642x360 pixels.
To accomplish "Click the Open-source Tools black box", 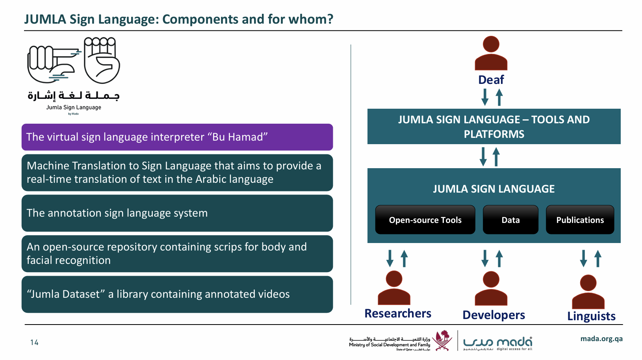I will pos(425,220).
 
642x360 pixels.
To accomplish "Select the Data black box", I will pos(510,220).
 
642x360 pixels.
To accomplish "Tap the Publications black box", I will pos(580,220).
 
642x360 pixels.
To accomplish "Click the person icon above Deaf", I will pos(491,53).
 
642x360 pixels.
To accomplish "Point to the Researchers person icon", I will pos(394,288).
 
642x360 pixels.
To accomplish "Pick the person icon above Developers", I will pos(491,288).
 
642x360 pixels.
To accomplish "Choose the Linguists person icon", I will pos(588,291).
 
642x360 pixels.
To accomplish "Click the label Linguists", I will pos(591,316).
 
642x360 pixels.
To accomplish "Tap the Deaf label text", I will pos(491,80).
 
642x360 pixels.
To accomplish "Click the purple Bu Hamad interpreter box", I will pos(177,137).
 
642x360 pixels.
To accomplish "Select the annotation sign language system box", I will pos(177,213).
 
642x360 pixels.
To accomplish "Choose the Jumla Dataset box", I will pos(177,294).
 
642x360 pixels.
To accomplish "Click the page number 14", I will pos(34,342).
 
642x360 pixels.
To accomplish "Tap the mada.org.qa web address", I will pos(601,339).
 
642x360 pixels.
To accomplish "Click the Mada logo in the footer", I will pos(498,343).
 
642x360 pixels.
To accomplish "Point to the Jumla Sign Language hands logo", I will pos(74,61).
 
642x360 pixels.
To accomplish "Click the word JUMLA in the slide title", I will pos(45,19).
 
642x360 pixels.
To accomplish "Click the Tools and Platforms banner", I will pos(494,126).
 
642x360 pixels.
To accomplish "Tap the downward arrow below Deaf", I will pos(485,97).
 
